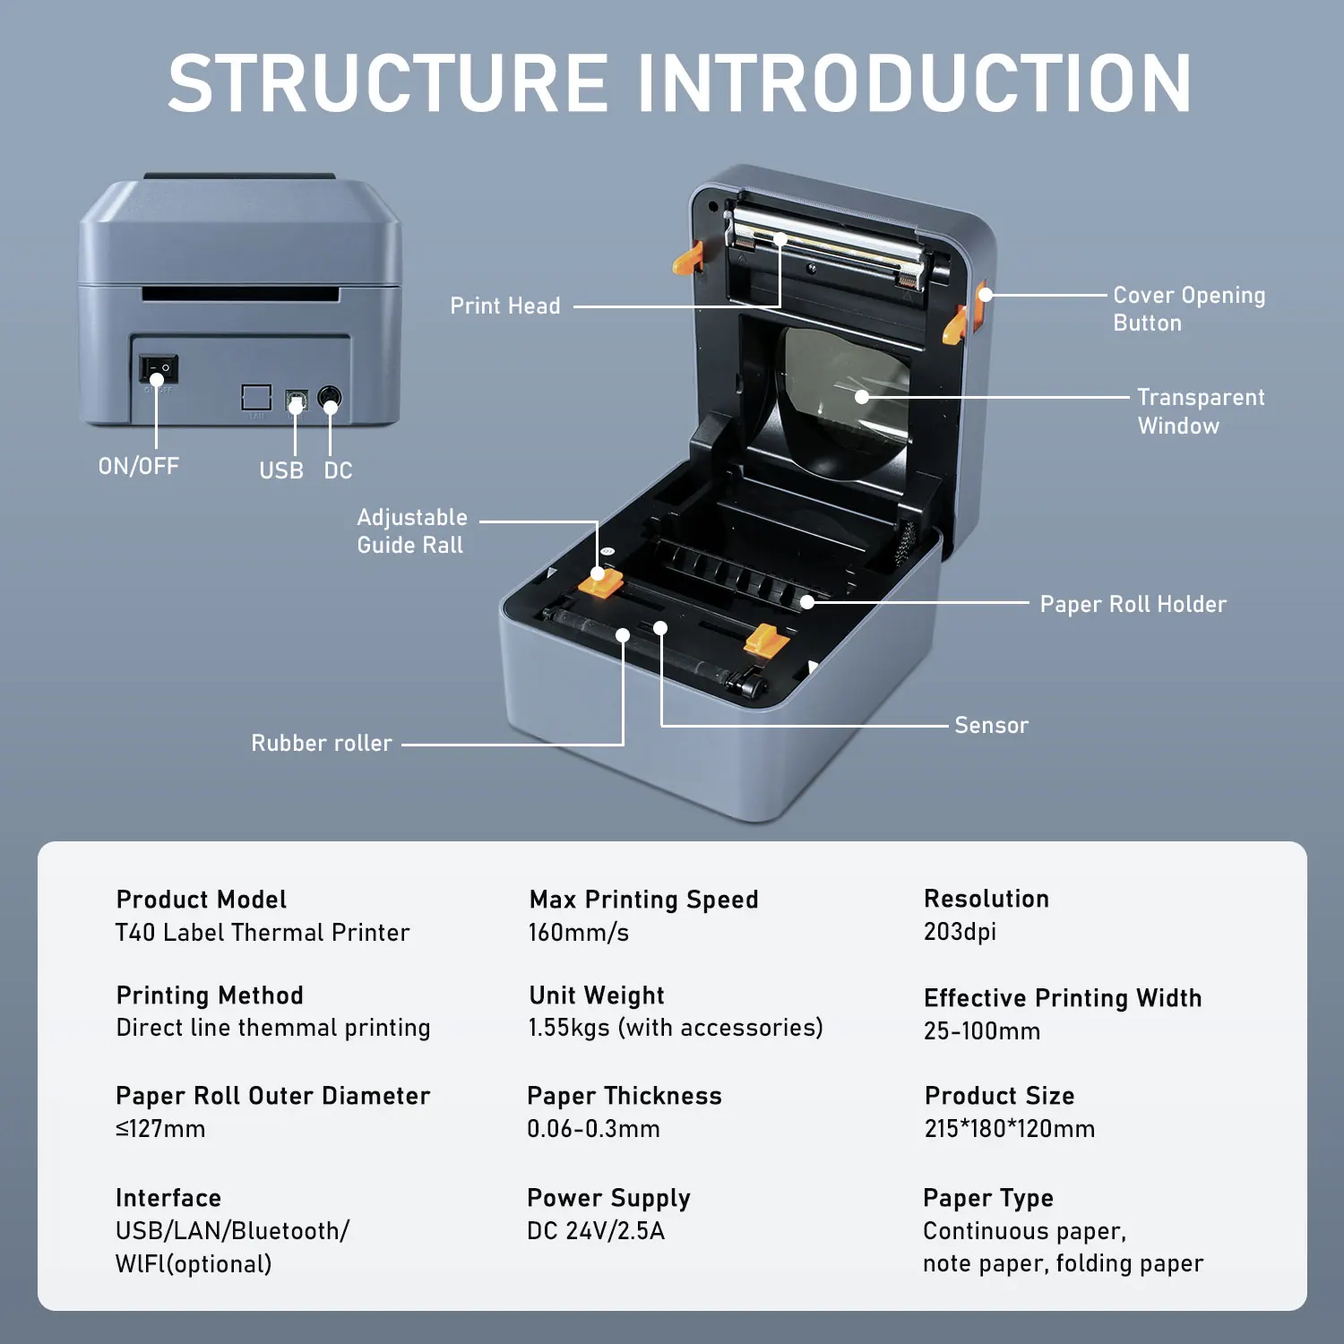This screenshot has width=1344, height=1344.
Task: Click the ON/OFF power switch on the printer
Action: (x=159, y=368)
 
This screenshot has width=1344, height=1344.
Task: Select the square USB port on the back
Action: (x=296, y=400)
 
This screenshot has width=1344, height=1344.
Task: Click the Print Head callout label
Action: (x=504, y=306)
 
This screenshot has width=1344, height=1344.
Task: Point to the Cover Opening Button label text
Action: (x=1188, y=309)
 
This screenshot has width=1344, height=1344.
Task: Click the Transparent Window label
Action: (x=1200, y=411)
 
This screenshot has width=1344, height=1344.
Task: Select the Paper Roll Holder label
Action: (x=1133, y=605)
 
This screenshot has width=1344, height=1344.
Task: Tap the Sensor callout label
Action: (x=991, y=726)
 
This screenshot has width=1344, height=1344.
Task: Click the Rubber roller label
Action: (x=321, y=744)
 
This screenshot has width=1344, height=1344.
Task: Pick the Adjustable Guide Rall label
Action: (x=411, y=531)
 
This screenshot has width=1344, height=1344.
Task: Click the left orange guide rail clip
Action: (x=600, y=583)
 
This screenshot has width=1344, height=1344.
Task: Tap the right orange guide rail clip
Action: (x=766, y=640)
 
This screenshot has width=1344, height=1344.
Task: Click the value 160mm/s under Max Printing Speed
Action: (x=578, y=933)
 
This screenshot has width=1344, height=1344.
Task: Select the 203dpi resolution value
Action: (x=960, y=932)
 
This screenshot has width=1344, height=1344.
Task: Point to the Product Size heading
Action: (x=999, y=1096)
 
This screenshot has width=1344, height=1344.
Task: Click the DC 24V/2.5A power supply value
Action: (x=595, y=1231)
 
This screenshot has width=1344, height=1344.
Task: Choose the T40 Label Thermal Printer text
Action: (x=263, y=933)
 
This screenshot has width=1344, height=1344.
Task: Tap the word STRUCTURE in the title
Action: (x=388, y=83)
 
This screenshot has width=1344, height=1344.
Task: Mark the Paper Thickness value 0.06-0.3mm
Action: (x=593, y=1129)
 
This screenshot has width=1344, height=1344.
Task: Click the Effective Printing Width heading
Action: (x=1063, y=998)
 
